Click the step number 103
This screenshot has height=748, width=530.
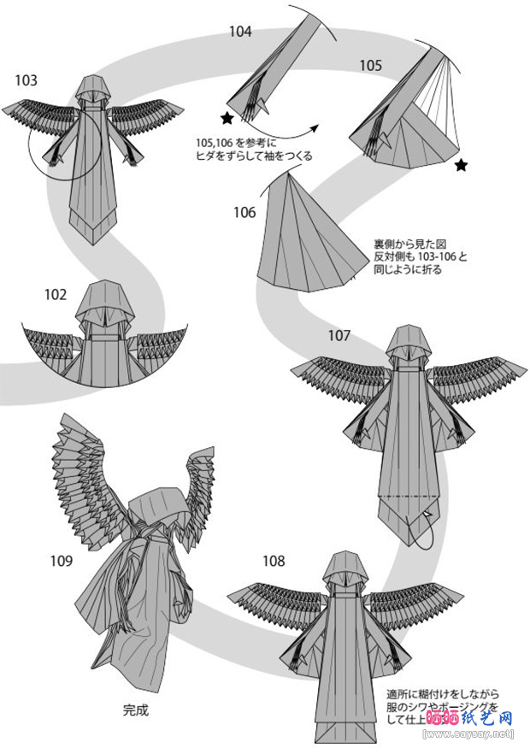pyautogui.click(x=26, y=80)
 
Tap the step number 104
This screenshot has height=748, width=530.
pyautogui.click(x=240, y=32)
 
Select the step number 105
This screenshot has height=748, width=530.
pyautogui.click(x=370, y=65)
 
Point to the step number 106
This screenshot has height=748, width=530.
pyautogui.click(x=244, y=212)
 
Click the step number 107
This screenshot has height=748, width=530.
pyautogui.click(x=339, y=335)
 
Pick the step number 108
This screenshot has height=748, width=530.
pyautogui.click(x=274, y=562)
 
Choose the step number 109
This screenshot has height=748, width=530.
pyautogui.click(x=61, y=562)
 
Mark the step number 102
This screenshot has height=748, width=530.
pyautogui.click(x=56, y=295)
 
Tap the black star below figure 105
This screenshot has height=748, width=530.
pyautogui.click(x=462, y=165)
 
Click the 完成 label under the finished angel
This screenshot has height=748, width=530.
pyautogui.click(x=136, y=709)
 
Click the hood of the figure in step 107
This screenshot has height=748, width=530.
pyautogui.click(x=406, y=341)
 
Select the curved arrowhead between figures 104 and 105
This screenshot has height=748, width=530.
pyautogui.click(x=314, y=127)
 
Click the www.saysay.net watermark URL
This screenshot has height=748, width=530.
pyautogui.click(x=469, y=733)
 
